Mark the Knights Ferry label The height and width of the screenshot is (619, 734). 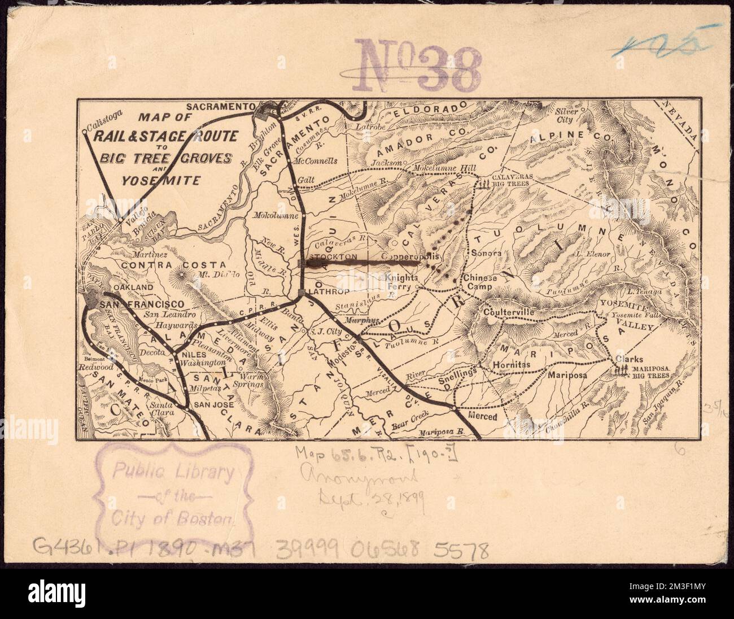point(401,282)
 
